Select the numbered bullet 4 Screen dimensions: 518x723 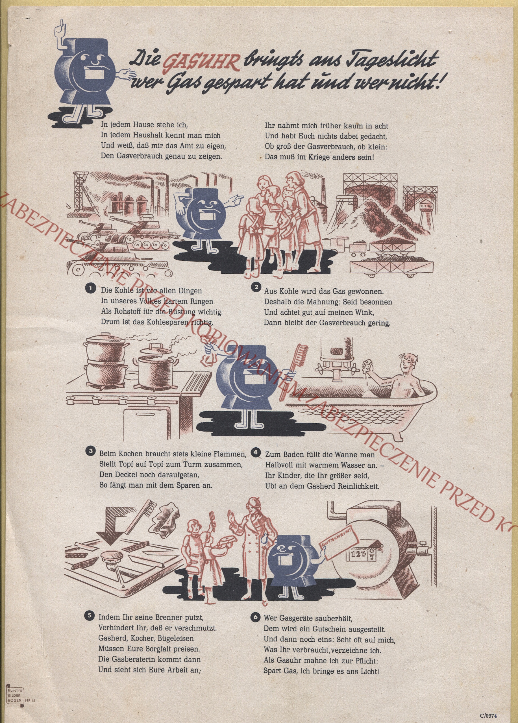pos(255,452)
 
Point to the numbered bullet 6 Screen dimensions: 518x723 pos(255,617)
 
